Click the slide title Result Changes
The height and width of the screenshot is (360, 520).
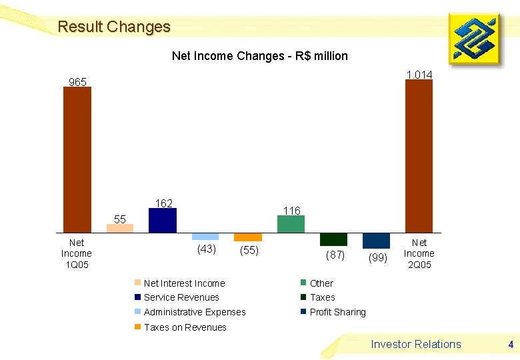tap(114, 27)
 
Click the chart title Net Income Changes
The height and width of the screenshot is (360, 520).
tap(259, 56)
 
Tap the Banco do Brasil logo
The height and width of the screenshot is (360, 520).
tap(474, 39)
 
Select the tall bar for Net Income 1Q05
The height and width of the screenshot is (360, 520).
tap(77, 160)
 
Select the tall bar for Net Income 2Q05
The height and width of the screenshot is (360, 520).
tap(419, 157)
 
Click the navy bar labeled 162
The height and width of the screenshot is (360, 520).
tap(162, 221)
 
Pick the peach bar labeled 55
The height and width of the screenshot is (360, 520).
tap(120, 228)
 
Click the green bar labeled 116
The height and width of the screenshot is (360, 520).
tap(291, 224)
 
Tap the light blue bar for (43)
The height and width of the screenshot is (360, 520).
tap(205, 237)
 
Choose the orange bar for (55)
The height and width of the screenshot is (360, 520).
tap(248, 237)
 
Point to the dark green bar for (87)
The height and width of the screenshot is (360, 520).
tap(333, 239)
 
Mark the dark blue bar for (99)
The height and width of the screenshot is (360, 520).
tap(376, 241)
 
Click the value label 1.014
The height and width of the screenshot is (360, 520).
tap(419, 75)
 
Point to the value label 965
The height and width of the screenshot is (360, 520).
tap(77, 82)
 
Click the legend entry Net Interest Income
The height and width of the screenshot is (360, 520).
tap(184, 283)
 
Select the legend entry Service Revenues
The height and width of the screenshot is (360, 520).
tap(181, 297)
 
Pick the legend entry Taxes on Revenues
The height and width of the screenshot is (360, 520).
tap(185, 327)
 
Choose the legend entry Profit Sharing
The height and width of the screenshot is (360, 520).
tap(337, 312)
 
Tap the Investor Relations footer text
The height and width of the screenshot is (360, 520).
tap(416, 344)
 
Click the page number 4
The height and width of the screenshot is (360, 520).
tap(510, 345)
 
